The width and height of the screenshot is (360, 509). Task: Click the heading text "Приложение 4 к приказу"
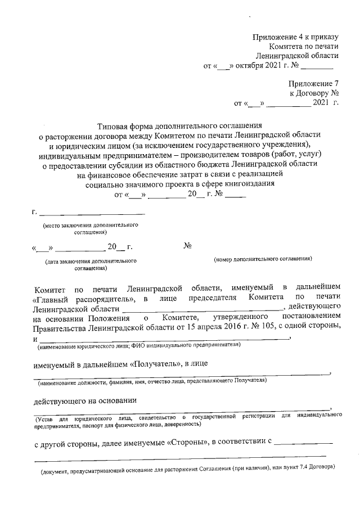click(x=295, y=37)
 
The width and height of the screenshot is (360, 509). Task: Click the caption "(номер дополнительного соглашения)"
click(x=263, y=259)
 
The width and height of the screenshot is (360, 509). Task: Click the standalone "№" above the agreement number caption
click(x=188, y=246)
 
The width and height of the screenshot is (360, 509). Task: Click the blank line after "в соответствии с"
click(x=305, y=443)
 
